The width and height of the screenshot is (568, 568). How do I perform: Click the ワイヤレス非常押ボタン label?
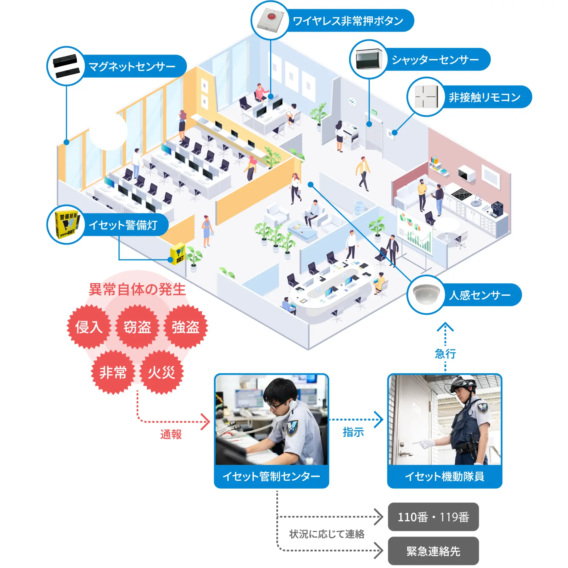[x=348, y=21]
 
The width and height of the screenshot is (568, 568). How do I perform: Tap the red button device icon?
[x=270, y=20]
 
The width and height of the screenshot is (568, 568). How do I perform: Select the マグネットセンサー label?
[x=132, y=67]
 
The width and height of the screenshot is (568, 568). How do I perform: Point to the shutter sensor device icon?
[x=369, y=59]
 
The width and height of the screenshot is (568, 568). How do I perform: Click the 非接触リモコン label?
[x=484, y=97]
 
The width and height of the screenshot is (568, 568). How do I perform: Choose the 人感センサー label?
[x=479, y=295]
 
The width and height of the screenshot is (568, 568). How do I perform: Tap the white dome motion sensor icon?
[x=426, y=294]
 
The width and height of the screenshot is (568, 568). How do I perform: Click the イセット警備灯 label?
[x=123, y=225]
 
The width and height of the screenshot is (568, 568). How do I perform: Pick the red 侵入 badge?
[x=89, y=327]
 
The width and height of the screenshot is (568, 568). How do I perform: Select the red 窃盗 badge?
[x=137, y=327]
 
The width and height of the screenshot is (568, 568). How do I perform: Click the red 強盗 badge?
[x=186, y=327]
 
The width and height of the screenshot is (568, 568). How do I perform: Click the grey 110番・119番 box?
[x=433, y=517]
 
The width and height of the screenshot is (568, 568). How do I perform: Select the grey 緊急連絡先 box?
[x=433, y=551]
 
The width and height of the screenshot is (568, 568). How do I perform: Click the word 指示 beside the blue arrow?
[x=353, y=432]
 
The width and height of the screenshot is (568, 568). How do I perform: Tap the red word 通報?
[x=171, y=435]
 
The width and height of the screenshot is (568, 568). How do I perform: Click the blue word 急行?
[x=445, y=354]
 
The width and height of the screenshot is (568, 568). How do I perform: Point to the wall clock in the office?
[x=352, y=102]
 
